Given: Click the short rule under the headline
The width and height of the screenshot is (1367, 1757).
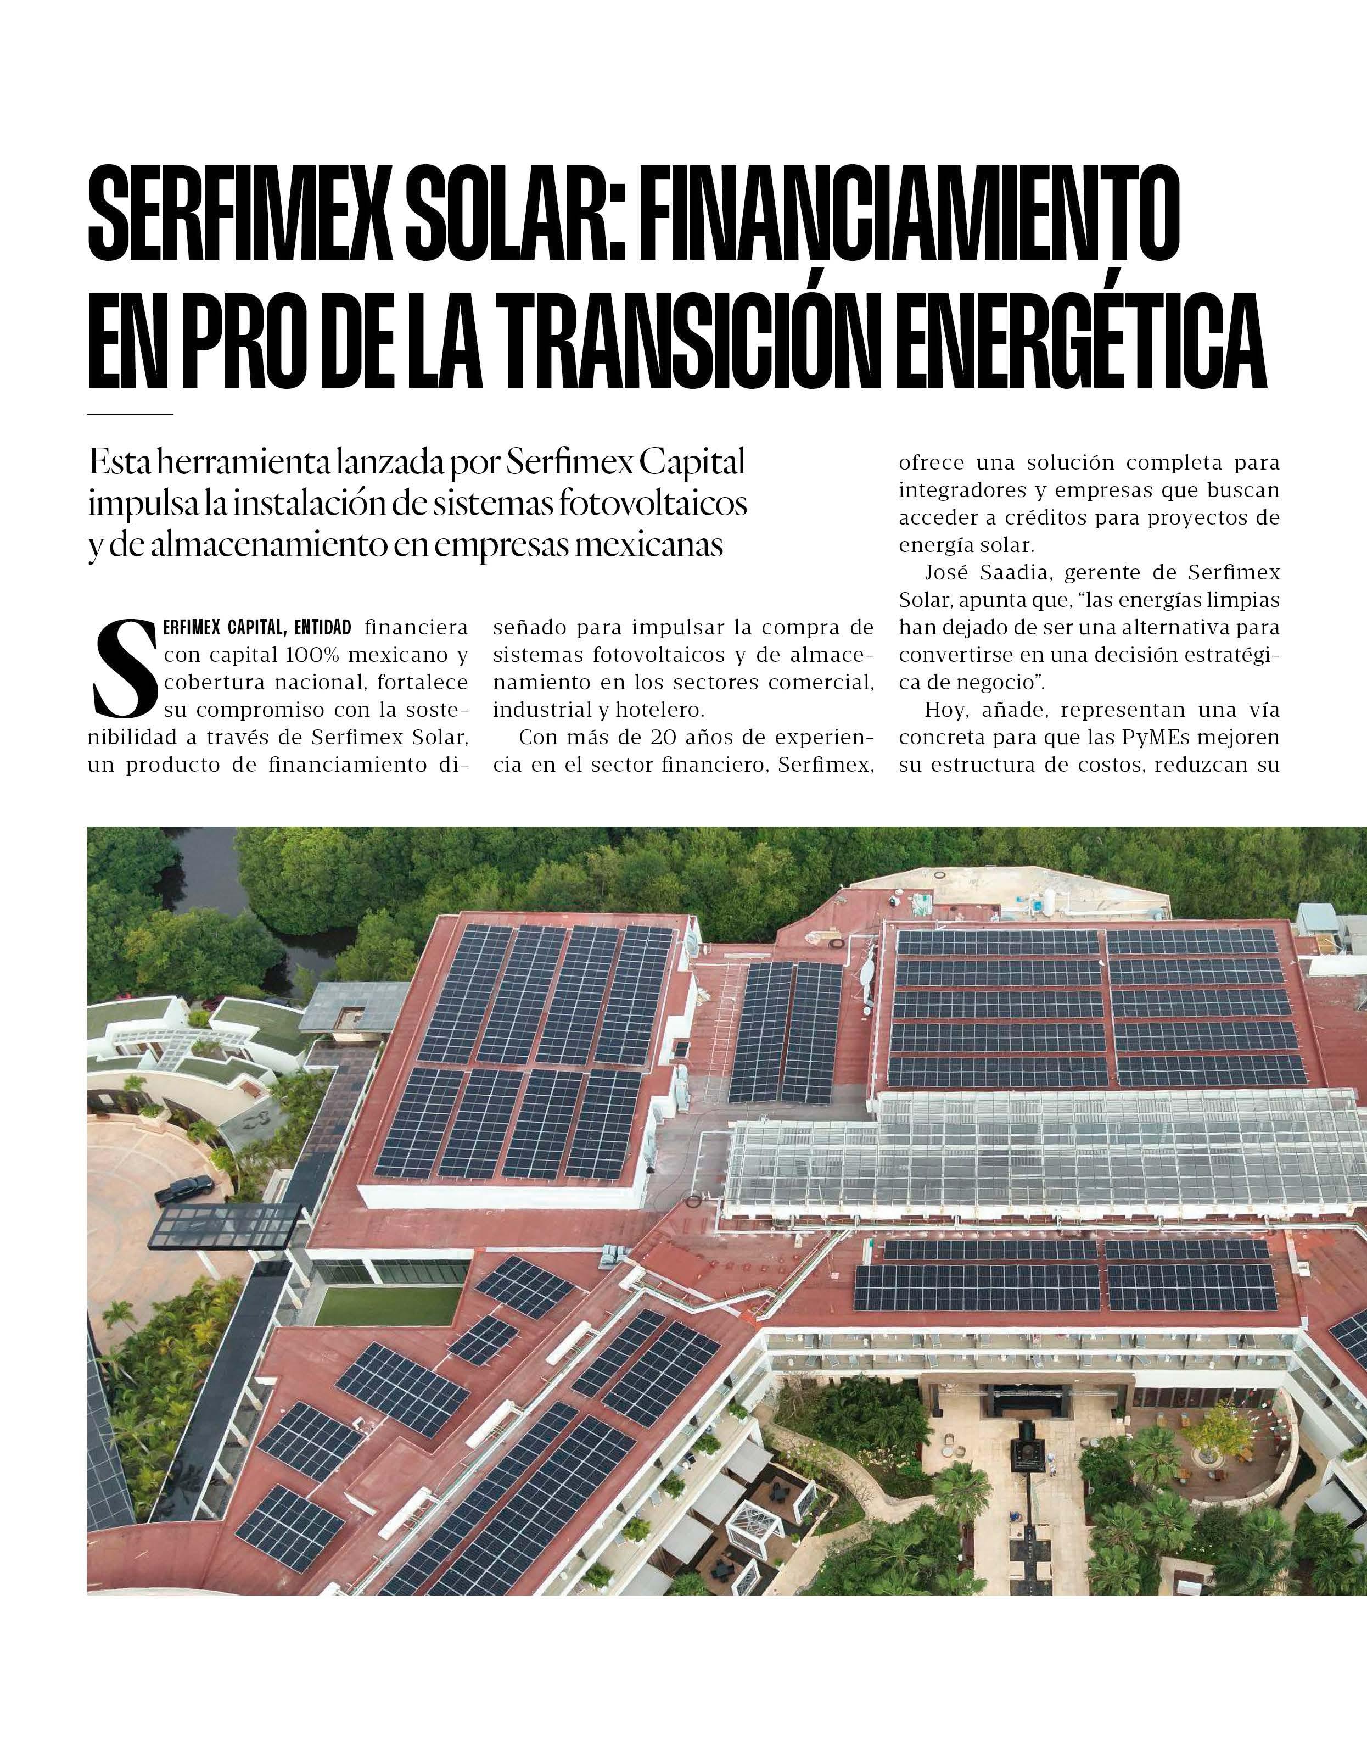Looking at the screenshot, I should tap(130, 414).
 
